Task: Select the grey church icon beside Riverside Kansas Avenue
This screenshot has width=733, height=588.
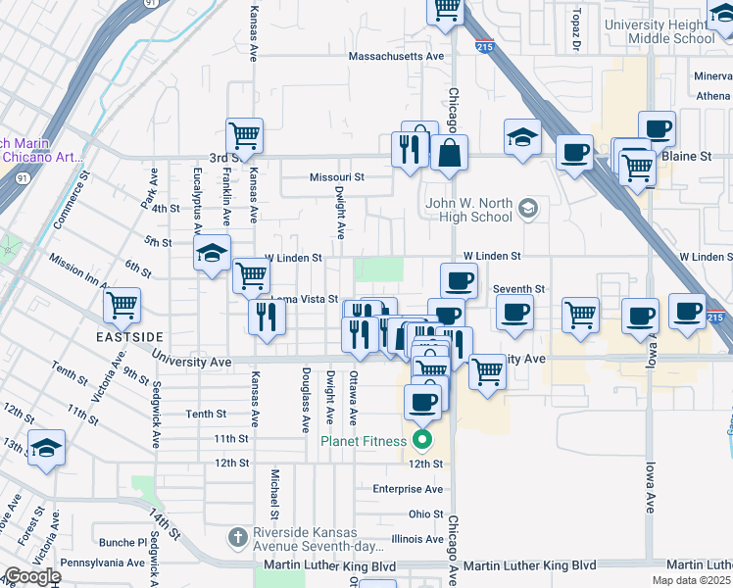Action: [x=236, y=536]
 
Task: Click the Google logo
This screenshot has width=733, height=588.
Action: [x=32, y=576]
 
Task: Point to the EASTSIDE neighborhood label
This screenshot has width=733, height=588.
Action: [x=129, y=336]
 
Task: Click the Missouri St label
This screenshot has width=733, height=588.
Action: [x=336, y=177]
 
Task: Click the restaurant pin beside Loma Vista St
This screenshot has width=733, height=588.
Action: [x=268, y=318]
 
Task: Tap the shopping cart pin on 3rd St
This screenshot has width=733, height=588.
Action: [x=244, y=136]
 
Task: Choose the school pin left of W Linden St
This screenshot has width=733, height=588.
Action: [x=212, y=255]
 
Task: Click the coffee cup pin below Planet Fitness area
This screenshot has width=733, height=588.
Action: [x=422, y=402]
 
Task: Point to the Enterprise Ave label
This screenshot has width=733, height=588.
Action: [x=408, y=488]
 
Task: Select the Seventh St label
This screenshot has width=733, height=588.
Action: [x=518, y=289]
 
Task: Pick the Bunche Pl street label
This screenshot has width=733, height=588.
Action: [x=122, y=541]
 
